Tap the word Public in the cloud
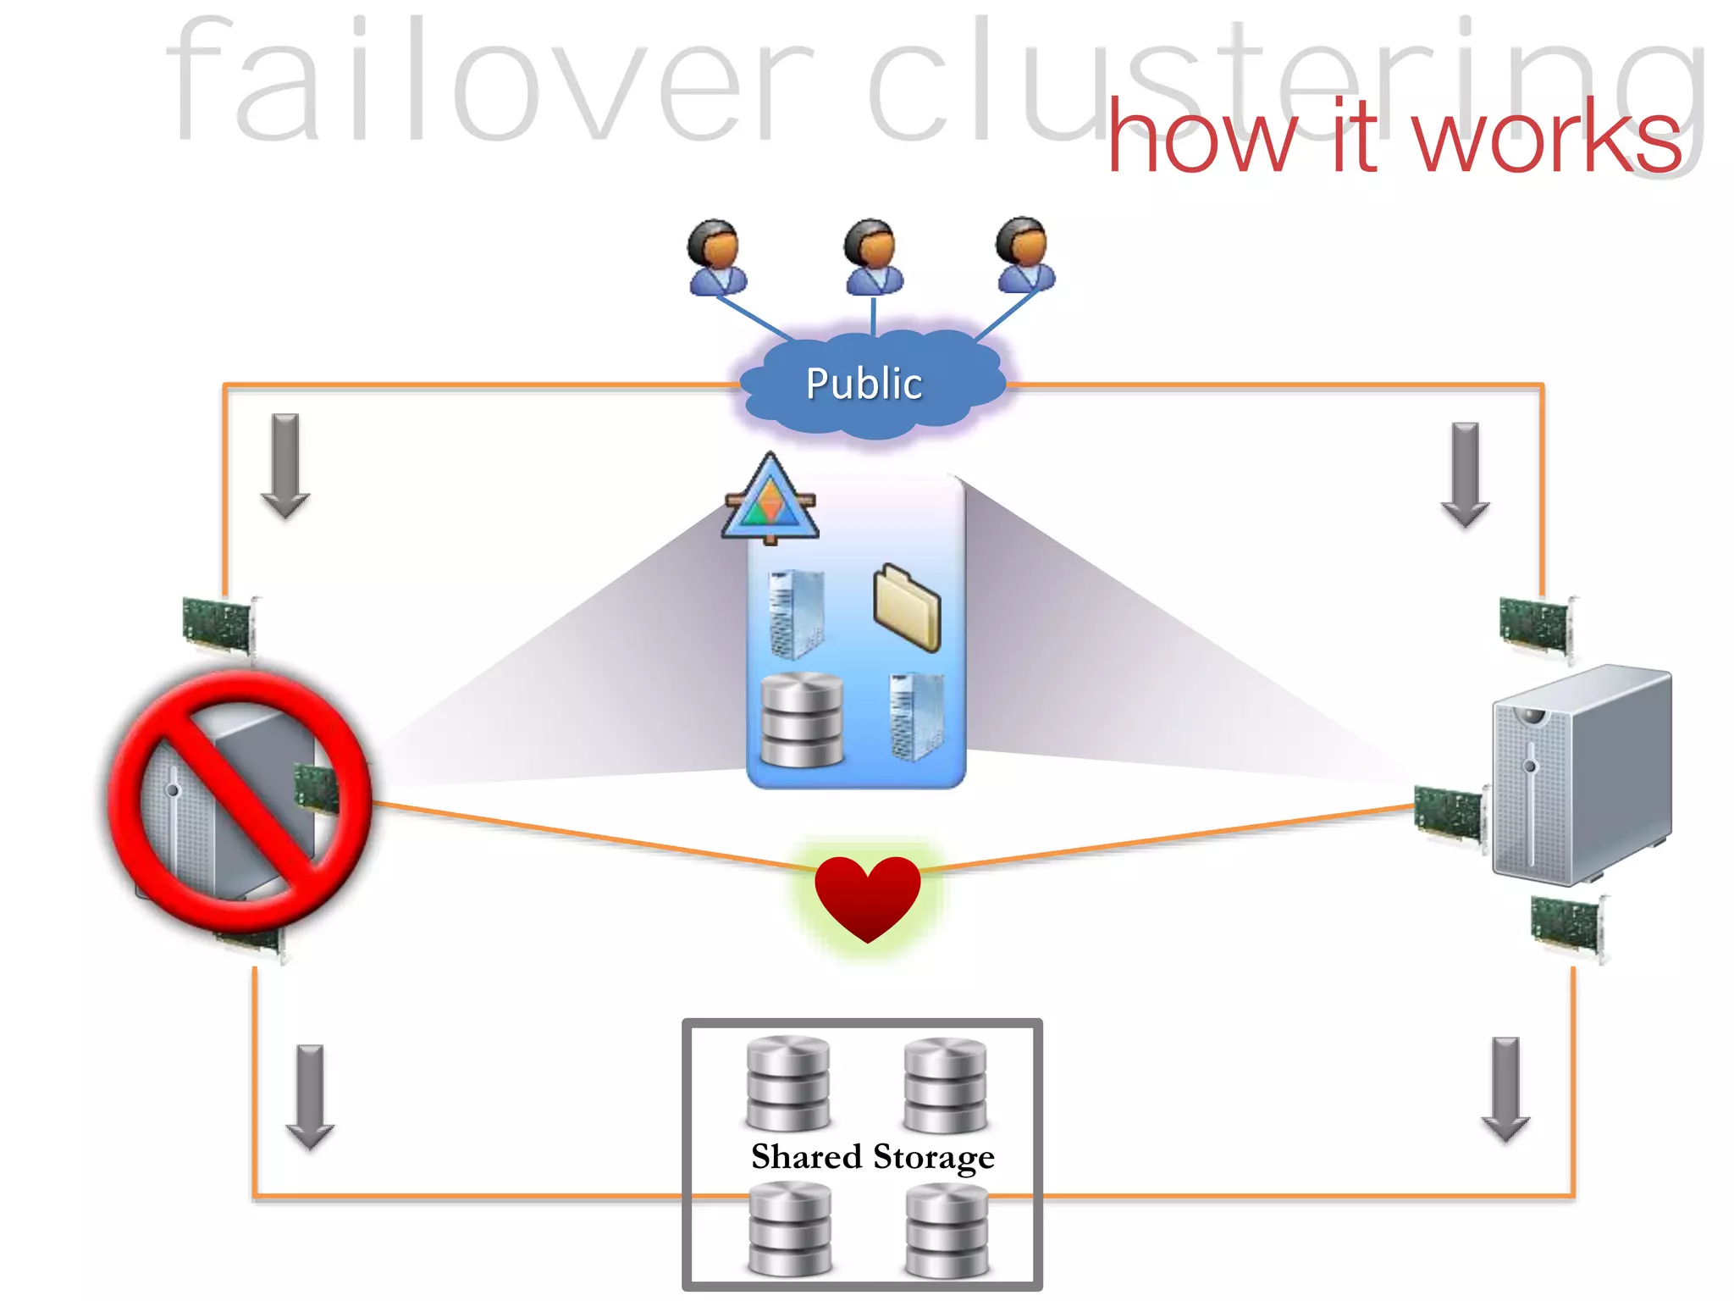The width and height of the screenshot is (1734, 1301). click(x=864, y=384)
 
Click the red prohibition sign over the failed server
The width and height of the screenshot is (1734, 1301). click(x=240, y=800)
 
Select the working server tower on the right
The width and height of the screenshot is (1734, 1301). click(x=1581, y=775)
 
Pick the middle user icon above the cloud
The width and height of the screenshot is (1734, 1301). click(x=873, y=257)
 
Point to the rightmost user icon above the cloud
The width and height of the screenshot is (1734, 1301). click(x=1025, y=255)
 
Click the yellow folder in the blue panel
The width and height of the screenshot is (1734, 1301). click(x=907, y=607)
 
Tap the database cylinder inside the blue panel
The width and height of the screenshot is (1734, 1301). click(x=802, y=719)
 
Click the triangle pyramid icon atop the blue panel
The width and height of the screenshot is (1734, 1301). click(x=770, y=500)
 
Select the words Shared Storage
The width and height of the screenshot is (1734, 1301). click(x=873, y=1157)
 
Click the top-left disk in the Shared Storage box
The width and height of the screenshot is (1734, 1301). click(x=788, y=1083)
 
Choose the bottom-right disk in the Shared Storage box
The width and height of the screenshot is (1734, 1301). click(x=947, y=1230)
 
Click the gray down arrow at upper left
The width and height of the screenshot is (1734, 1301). click(x=285, y=465)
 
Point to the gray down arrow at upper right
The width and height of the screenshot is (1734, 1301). click(x=1465, y=474)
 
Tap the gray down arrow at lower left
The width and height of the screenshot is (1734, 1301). click(x=310, y=1096)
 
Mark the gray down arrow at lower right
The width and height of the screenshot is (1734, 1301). click(x=1505, y=1088)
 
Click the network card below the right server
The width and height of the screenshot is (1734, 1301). click(x=1567, y=927)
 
